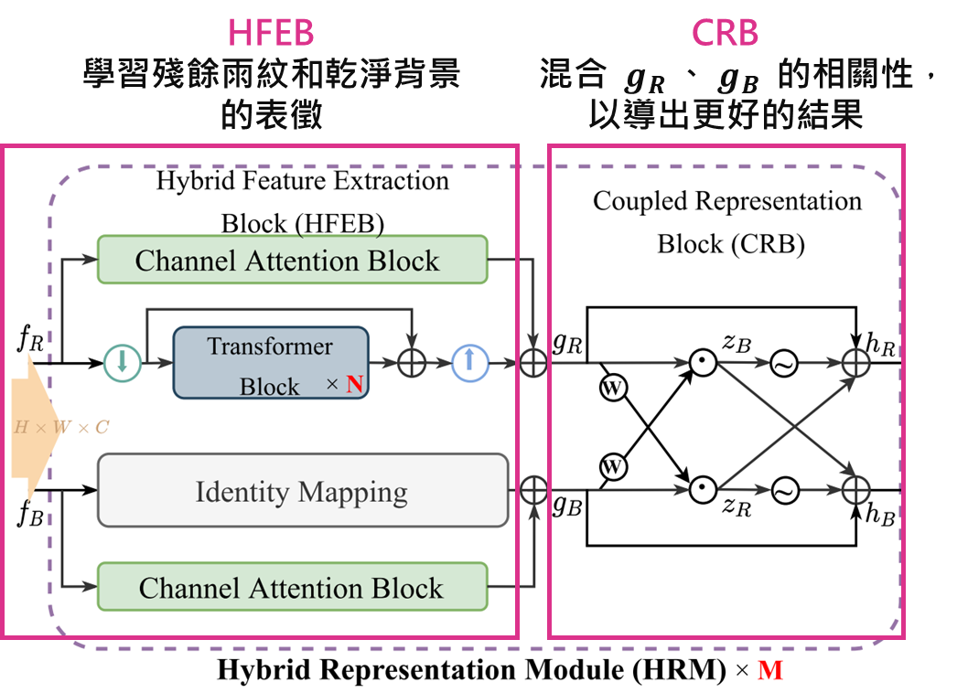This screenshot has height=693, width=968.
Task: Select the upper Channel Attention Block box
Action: (x=292, y=260)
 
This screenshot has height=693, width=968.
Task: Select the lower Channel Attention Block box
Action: (x=292, y=587)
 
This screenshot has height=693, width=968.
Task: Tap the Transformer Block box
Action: (x=270, y=363)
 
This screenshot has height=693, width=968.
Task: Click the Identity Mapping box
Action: (x=302, y=491)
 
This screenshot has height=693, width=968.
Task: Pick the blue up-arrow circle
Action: (x=469, y=362)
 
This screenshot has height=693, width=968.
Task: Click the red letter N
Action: (x=354, y=386)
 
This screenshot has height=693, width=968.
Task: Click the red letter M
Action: (x=770, y=671)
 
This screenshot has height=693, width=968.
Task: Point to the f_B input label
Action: (x=29, y=513)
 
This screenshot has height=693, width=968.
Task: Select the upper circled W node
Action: (x=613, y=387)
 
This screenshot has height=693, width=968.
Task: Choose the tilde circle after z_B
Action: (x=784, y=363)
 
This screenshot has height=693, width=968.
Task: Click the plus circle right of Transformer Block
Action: (x=413, y=362)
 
